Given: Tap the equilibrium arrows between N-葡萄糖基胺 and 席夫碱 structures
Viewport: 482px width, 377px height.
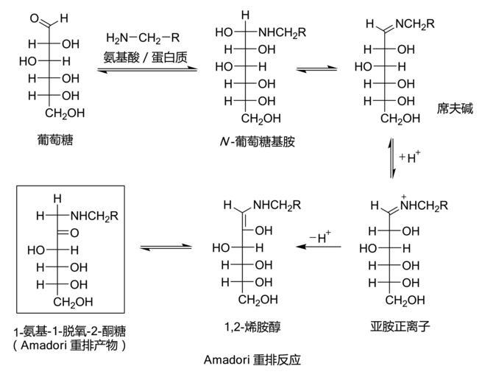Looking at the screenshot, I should click(x=317, y=70).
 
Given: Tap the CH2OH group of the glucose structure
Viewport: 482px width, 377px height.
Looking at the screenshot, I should click(x=66, y=113).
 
